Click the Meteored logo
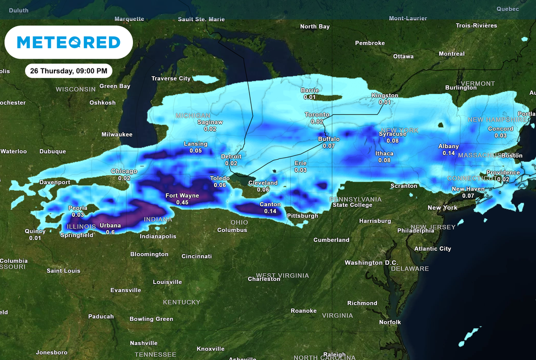tap(69, 42)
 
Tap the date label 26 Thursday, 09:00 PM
tap(69, 71)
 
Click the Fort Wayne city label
tap(182, 196)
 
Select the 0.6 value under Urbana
tap(110, 232)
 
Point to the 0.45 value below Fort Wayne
tap(182, 203)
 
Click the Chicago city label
tap(124, 171)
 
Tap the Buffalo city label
tap(329, 139)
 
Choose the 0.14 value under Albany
tap(449, 153)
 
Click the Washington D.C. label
tap(371, 263)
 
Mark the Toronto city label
tap(317, 115)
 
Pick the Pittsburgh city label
tap(303, 216)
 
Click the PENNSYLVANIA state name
tap(355, 199)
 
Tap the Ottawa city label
tap(403, 57)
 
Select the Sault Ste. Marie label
tap(201, 19)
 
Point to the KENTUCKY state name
tap(182, 302)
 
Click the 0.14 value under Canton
tap(270, 211)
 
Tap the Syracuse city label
tap(392, 134)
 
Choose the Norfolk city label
tap(390, 322)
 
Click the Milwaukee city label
tap(117, 134)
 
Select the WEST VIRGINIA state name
tap(282, 275)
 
